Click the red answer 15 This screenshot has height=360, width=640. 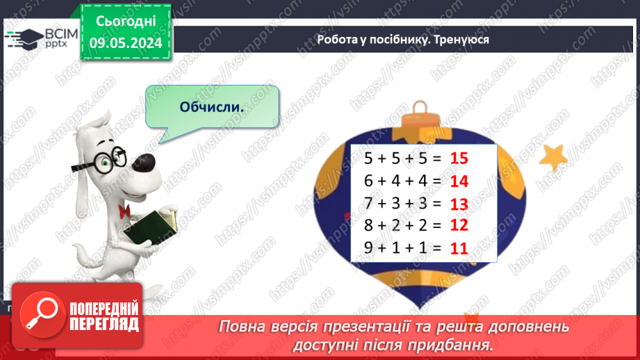tap(459, 158)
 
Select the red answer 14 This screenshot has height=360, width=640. tap(459, 181)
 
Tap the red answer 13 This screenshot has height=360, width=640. tap(459, 204)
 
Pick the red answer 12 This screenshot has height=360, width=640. tap(459, 225)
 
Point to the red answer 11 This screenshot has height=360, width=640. tap(459, 247)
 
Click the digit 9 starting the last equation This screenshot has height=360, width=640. tap(369, 247)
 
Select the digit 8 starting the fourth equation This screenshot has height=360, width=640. tap(369, 225)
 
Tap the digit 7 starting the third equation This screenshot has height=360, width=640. tap(369, 204)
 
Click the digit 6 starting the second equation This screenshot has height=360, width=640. tap(369, 181)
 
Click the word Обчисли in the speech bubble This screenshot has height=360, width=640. tap(212, 107)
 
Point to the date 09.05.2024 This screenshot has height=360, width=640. tap(126, 43)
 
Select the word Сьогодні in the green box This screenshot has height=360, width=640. tap(126, 22)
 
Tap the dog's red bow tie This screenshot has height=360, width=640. tap(125, 210)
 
